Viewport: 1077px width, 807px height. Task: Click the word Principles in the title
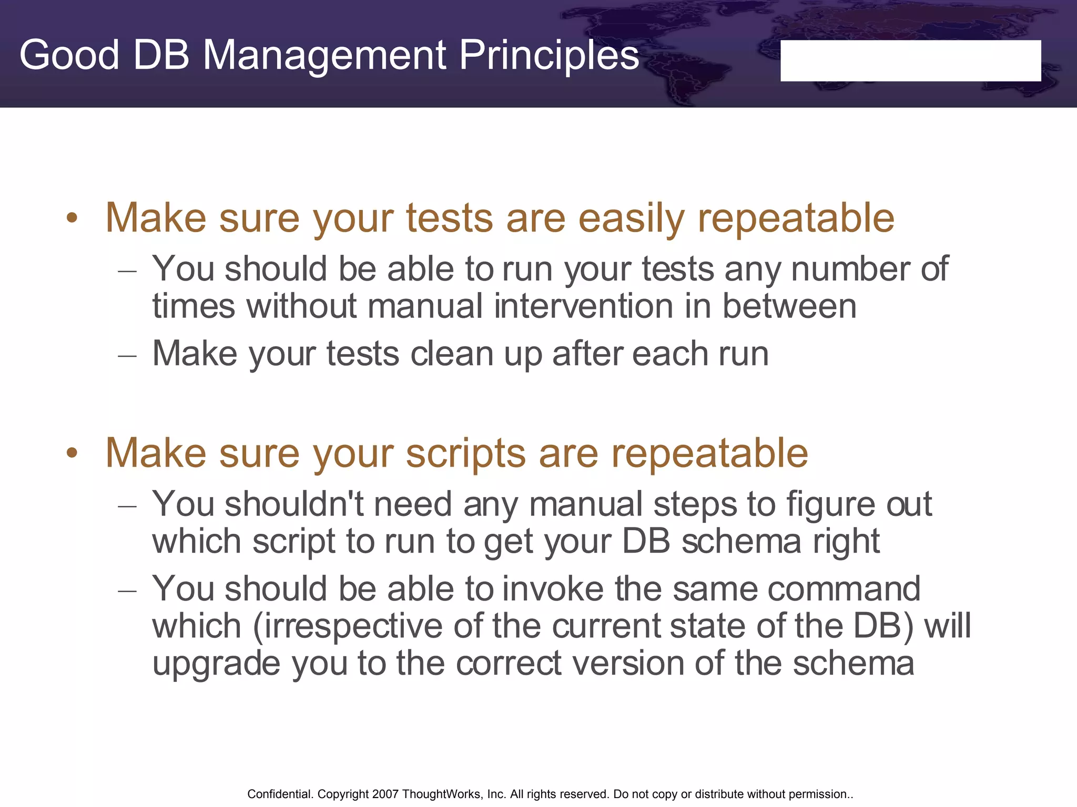click(x=549, y=55)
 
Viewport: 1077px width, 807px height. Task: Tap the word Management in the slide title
click(x=324, y=55)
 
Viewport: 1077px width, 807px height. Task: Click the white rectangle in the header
click(x=910, y=60)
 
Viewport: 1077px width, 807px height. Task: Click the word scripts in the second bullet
click(x=465, y=453)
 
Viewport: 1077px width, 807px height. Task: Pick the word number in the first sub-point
click(x=850, y=269)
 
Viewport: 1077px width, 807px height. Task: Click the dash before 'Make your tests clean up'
click(x=128, y=356)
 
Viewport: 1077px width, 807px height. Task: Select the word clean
click(x=451, y=354)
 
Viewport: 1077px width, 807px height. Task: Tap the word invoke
click(x=553, y=588)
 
